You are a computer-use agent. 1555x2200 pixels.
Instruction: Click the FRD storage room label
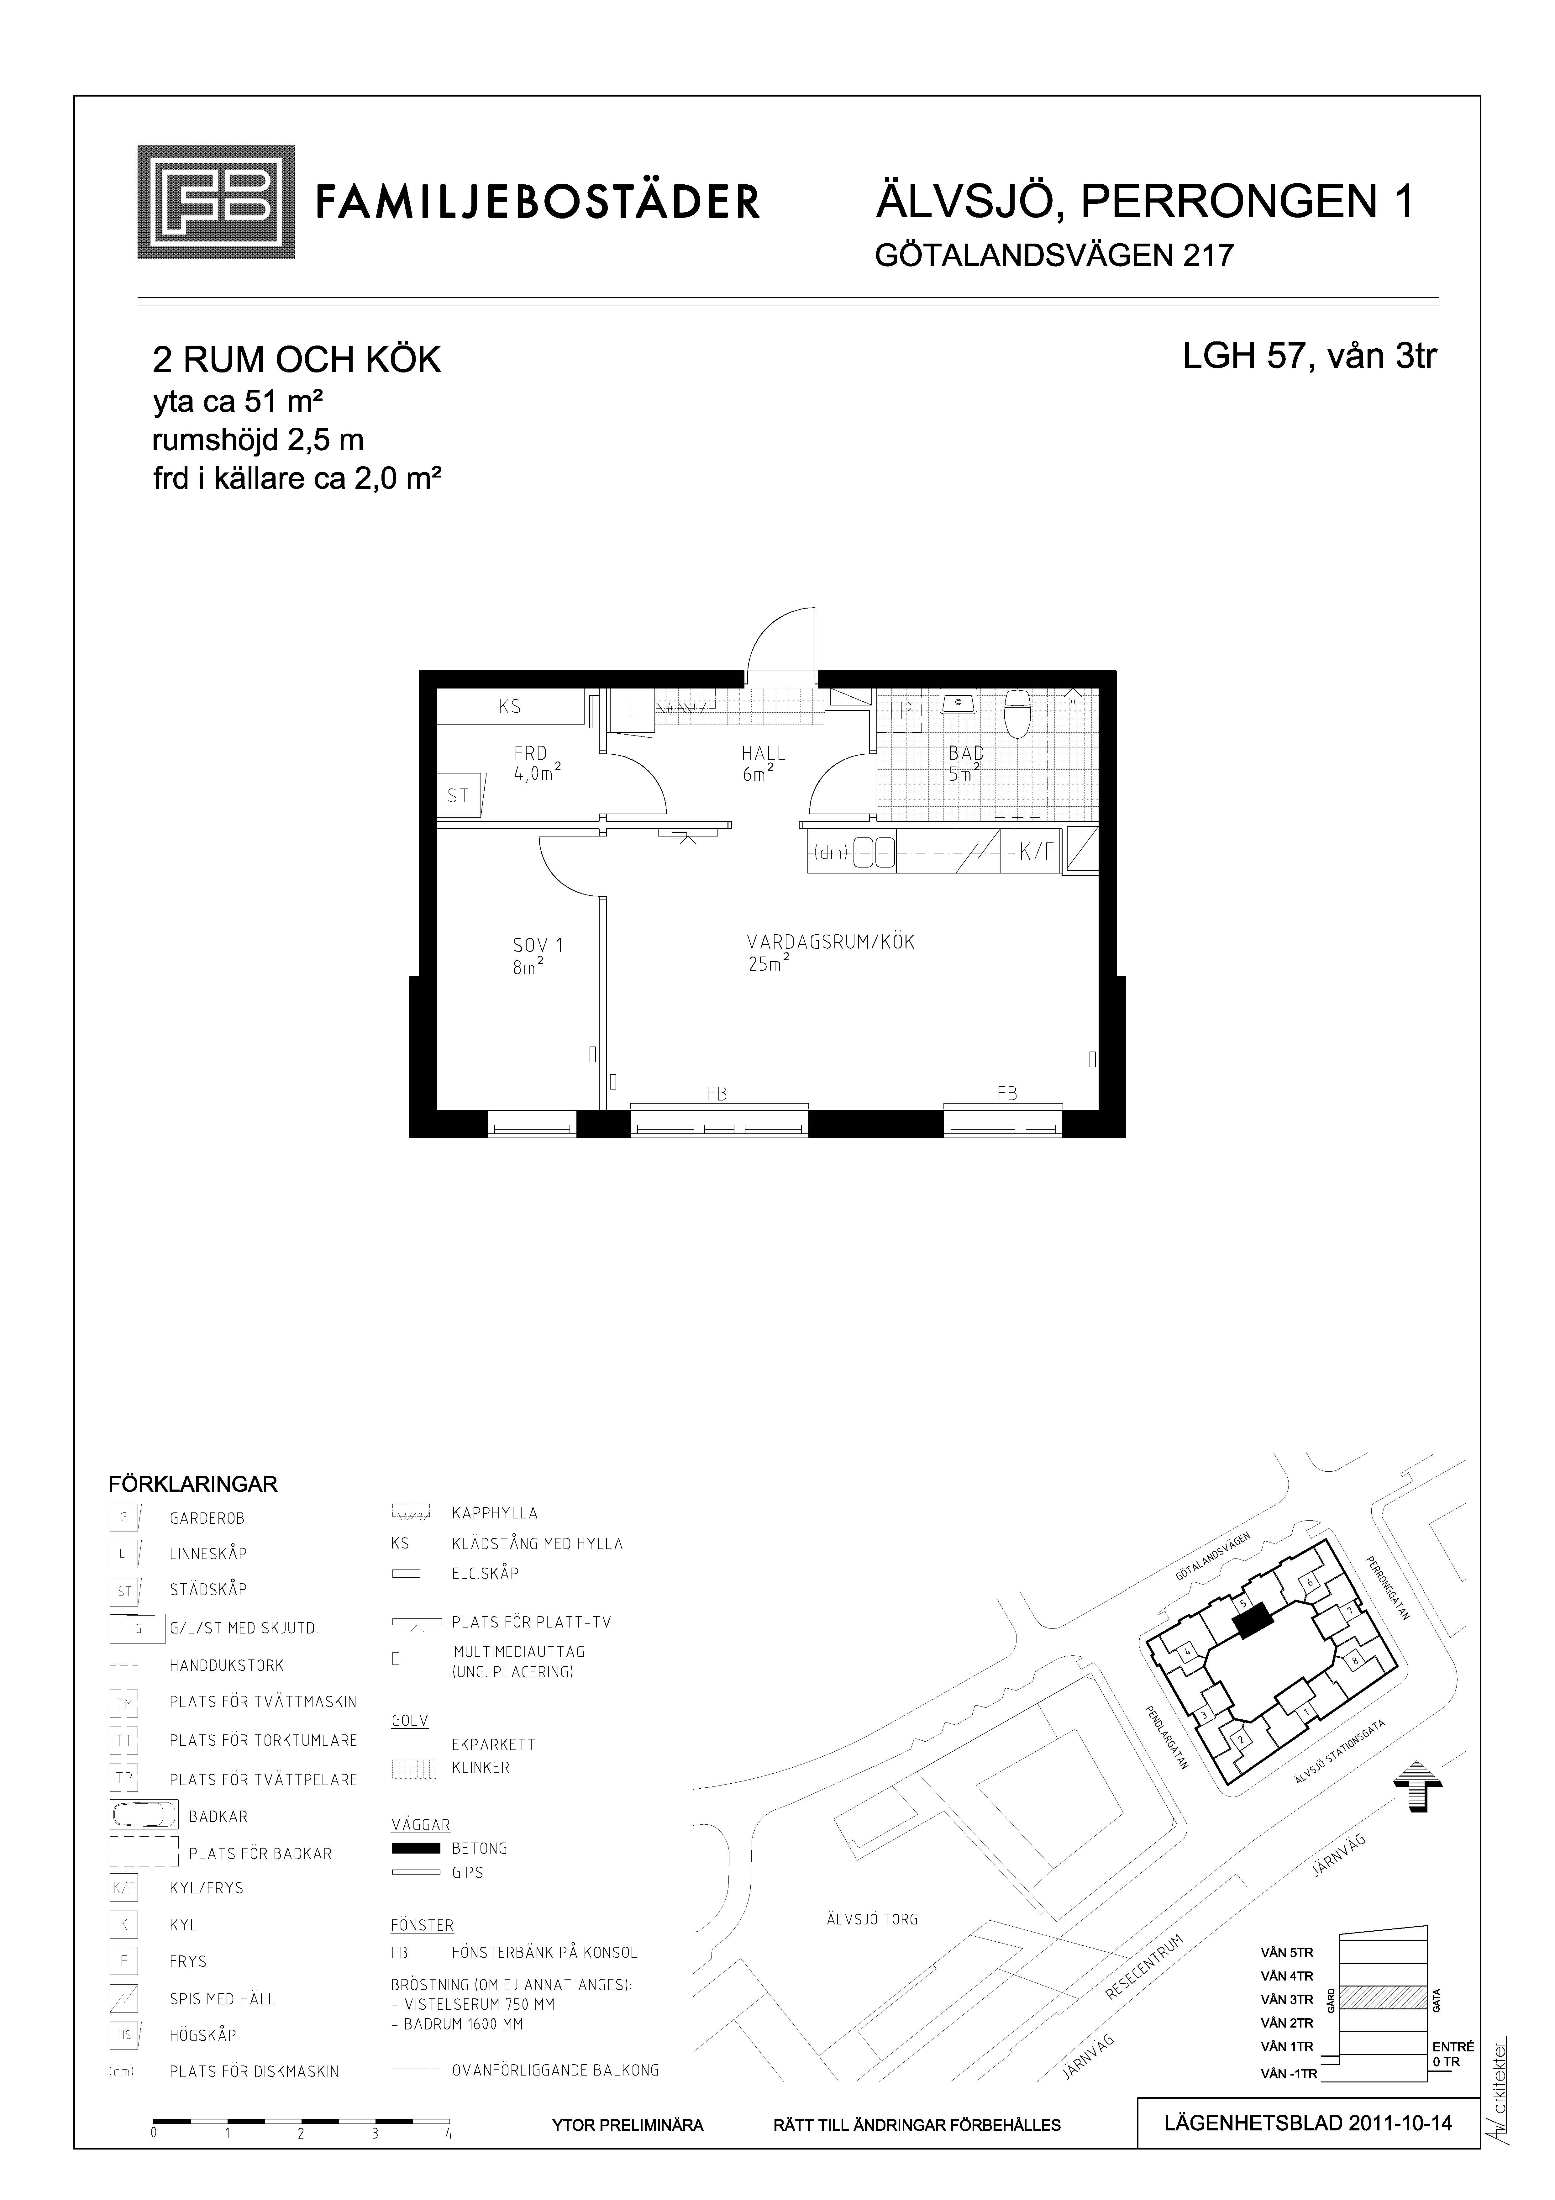click(530, 754)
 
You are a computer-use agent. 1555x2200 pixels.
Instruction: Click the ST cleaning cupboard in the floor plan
click(460, 795)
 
